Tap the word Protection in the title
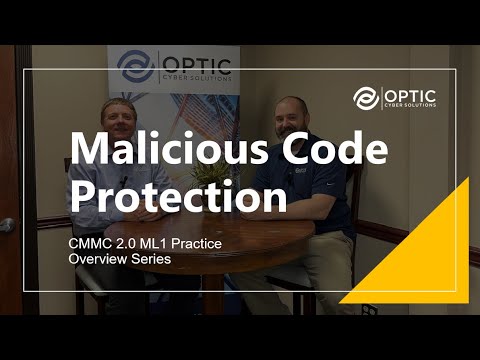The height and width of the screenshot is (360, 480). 176,196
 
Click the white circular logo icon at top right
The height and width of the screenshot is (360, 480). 367,97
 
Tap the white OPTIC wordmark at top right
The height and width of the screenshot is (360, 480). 409,92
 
